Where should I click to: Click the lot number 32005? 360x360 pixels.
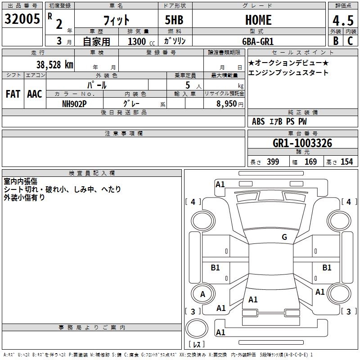pyautogui.click(x=22, y=19)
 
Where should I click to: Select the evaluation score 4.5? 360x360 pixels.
pyautogui.click(x=343, y=21)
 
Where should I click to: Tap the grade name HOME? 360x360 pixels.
pyautogui.click(x=258, y=20)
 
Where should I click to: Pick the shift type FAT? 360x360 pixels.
pyautogui.click(x=13, y=94)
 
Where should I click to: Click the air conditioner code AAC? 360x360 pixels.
pyautogui.click(x=34, y=94)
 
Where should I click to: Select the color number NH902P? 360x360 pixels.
pyautogui.click(x=74, y=103)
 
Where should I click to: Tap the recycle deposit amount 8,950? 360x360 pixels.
pyautogui.click(x=226, y=103)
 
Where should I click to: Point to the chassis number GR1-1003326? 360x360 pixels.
pyautogui.click(x=302, y=143)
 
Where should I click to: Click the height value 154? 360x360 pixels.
pyautogui.click(x=346, y=162)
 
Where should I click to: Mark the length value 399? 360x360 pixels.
pyautogui.click(x=273, y=162)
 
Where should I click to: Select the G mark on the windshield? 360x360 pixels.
pyautogui.click(x=284, y=237)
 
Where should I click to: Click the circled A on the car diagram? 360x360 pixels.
pyautogui.click(x=202, y=294)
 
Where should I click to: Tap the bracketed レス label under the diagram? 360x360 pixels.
pyautogui.click(x=197, y=345)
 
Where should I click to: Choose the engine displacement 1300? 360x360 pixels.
pyautogui.click(x=137, y=41)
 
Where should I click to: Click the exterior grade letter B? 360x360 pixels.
pyautogui.click(x=335, y=41)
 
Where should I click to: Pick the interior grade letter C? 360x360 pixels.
pyautogui.click(x=350, y=41)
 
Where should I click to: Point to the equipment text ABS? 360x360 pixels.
pyautogui.click(x=258, y=121)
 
